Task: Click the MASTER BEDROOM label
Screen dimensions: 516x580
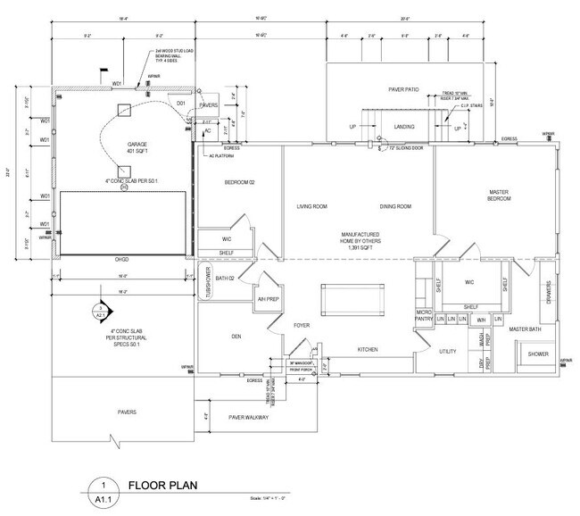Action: point(498,196)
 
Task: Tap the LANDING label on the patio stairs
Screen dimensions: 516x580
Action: point(404,129)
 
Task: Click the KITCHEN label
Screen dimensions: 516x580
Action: point(370,348)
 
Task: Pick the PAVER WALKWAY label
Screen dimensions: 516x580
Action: point(249,417)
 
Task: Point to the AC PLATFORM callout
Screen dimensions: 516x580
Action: point(221,154)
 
